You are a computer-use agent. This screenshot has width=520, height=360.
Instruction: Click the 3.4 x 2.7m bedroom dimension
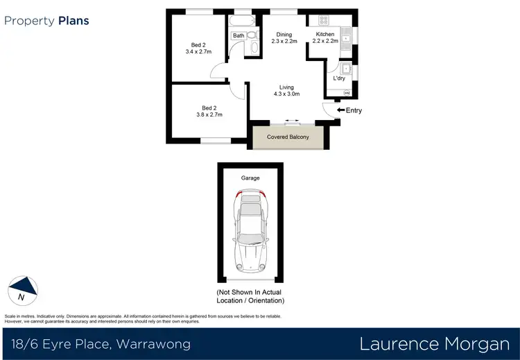[x=198, y=51]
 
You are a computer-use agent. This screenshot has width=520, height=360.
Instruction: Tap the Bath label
[x=239, y=35]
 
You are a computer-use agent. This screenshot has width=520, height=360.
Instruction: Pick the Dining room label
[x=284, y=34]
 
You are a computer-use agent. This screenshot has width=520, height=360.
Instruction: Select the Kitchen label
[x=325, y=34]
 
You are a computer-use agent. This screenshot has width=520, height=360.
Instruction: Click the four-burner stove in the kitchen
[x=323, y=21]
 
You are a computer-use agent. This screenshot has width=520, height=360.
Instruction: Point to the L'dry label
[x=339, y=78]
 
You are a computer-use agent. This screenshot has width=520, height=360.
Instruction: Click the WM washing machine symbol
[x=347, y=92]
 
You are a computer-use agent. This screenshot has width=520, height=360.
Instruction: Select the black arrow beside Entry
[x=340, y=110]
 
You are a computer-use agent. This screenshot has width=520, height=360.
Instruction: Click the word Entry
[x=354, y=110]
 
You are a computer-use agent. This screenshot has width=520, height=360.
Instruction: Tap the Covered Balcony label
[x=288, y=137]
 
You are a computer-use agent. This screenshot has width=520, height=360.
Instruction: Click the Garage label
[x=250, y=178]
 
